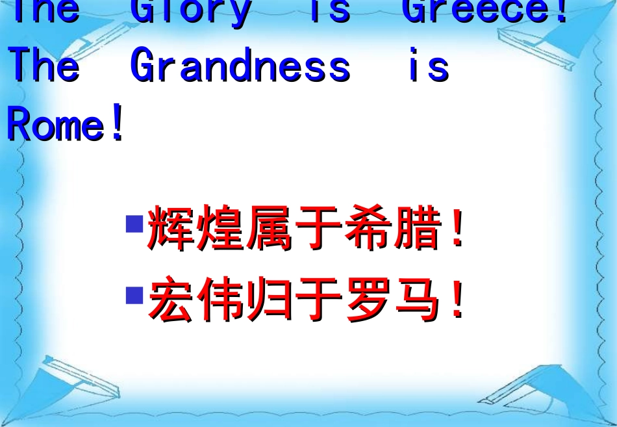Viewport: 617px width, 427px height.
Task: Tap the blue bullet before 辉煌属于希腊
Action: pos(134,225)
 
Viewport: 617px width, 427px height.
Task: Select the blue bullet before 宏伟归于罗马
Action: pos(134,296)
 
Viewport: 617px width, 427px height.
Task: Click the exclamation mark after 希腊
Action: pos(457,227)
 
